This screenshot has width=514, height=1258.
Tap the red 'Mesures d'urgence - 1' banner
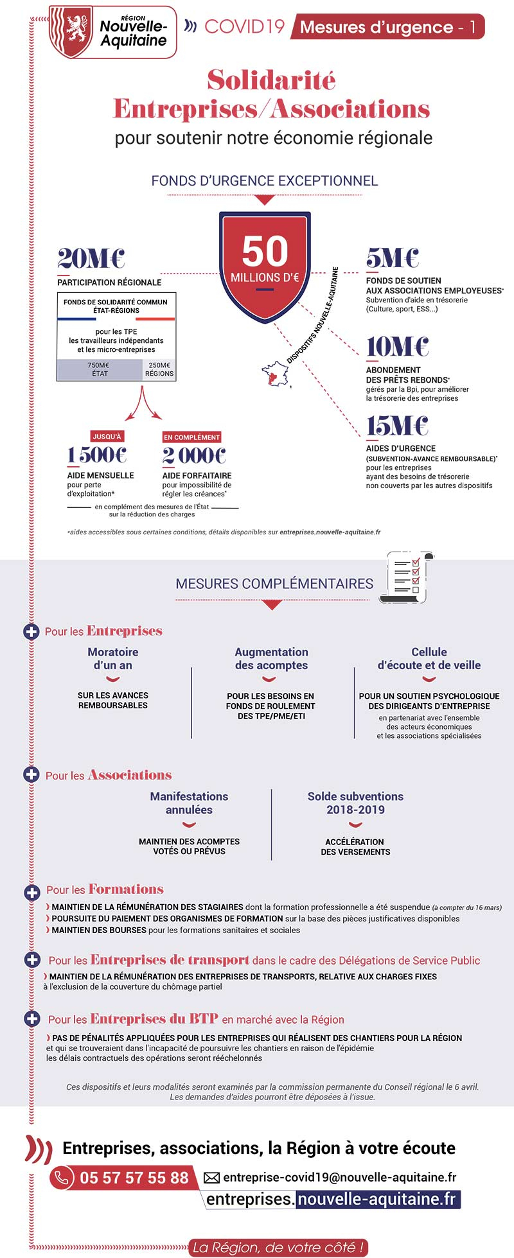tap(387, 27)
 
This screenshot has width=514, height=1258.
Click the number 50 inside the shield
tap(265, 251)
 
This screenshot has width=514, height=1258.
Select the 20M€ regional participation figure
tap(91, 259)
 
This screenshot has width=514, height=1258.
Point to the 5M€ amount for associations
tap(392, 258)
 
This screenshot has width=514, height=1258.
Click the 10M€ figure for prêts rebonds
tap(397, 347)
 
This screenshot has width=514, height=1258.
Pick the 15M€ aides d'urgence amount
tap(397, 426)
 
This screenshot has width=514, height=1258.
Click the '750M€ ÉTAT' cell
tap(99, 369)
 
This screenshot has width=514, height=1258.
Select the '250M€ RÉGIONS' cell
tap(159, 369)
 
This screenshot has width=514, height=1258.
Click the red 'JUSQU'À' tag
tap(107, 437)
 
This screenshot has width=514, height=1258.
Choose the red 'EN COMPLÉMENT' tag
tap(191, 437)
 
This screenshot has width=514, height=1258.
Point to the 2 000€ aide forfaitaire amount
tap(194, 456)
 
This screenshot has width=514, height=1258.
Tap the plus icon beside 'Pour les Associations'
tap(31, 774)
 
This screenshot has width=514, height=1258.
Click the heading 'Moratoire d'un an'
tap(113, 658)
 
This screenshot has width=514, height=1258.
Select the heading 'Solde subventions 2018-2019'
tap(355, 803)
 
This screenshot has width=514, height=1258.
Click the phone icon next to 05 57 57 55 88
tap(62, 1177)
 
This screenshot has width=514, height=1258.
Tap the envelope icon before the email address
tap(211, 1178)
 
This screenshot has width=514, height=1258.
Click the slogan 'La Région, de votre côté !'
tap(279, 1247)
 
